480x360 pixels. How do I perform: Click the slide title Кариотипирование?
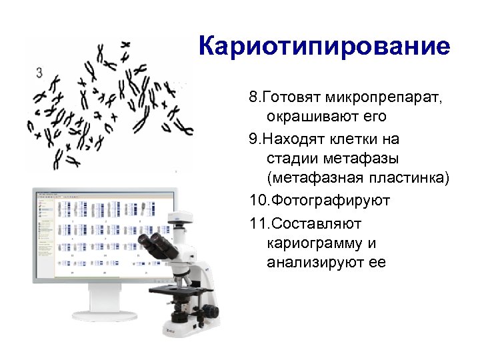[325, 47]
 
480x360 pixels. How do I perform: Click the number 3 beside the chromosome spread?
[40, 71]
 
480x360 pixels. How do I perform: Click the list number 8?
[253, 98]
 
